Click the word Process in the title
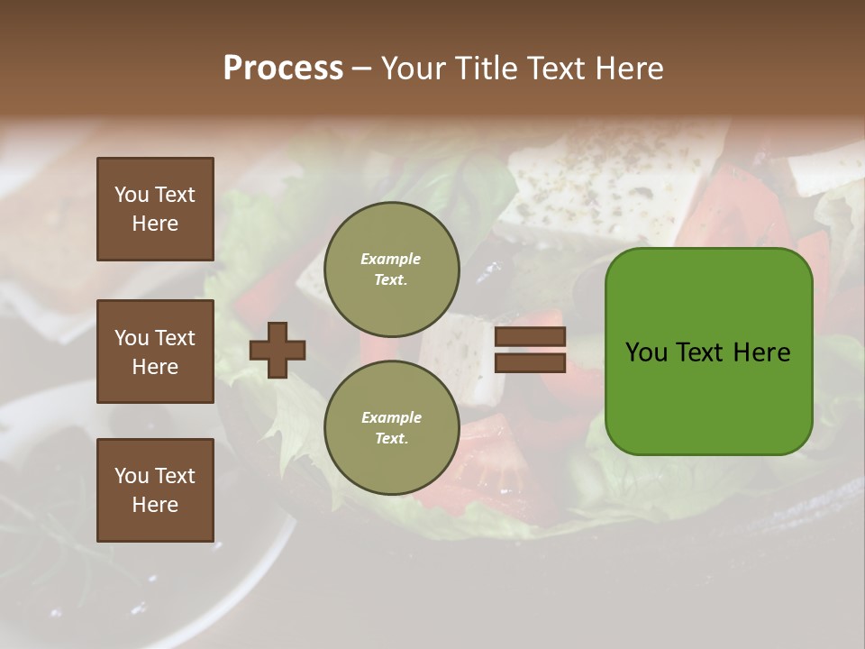click(x=283, y=69)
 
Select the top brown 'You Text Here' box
click(x=155, y=209)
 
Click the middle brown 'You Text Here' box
click(x=155, y=352)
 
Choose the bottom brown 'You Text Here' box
click(x=155, y=490)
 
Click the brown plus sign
click(x=278, y=350)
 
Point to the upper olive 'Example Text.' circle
click(x=391, y=270)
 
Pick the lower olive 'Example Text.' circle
click(x=391, y=428)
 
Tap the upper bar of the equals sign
click(x=530, y=337)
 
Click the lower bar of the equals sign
click(x=530, y=363)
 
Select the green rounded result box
click(x=708, y=351)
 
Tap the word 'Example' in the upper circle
click(x=391, y=259)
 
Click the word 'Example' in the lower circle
click(x=391, y=417)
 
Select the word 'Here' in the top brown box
click(x=155, y=224)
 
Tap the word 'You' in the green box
click(x=647, y=352)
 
